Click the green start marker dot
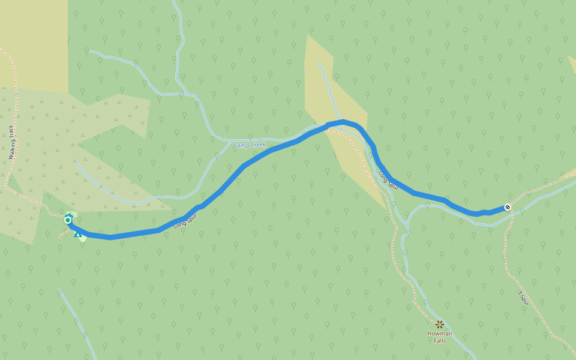point(68,220)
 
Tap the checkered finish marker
point(508,207)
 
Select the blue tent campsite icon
point(78,233)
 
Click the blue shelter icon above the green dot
point(70,215)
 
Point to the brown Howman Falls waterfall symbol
point(440,325)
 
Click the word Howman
point(440,334)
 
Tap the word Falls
point(440,341)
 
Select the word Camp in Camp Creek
point(241,146)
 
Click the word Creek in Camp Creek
point(257,145)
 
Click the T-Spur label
point(523,298)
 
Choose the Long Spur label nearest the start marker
point(185,221)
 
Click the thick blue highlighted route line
point(270,151)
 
